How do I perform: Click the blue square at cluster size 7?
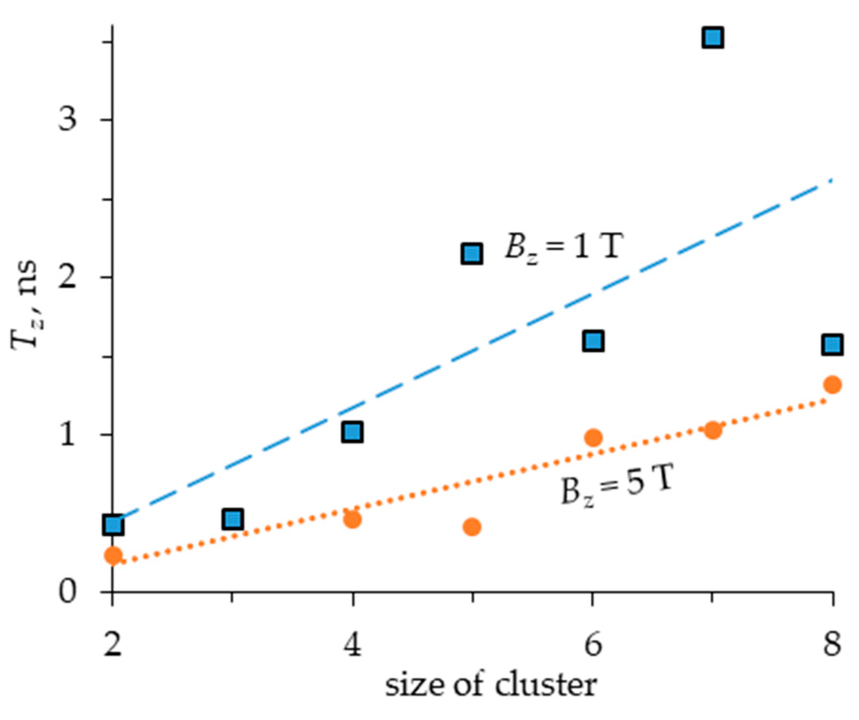pos(713,37)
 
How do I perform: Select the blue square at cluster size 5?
pos(472,254)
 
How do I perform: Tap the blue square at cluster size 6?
pos(593,341)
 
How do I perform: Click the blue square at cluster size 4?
pos(352,432)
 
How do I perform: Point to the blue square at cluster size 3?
pos(232,519)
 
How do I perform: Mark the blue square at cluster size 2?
pos(113,525)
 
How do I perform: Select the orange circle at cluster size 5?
pos(472,527)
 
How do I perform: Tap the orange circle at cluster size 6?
pos(593,437)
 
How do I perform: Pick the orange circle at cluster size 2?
pos(113,555)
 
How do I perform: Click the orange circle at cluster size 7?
pos(713,430)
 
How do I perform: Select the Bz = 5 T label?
pos(617,485)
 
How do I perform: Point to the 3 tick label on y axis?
pos(67,118)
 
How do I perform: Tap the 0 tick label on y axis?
pos(67,592)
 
